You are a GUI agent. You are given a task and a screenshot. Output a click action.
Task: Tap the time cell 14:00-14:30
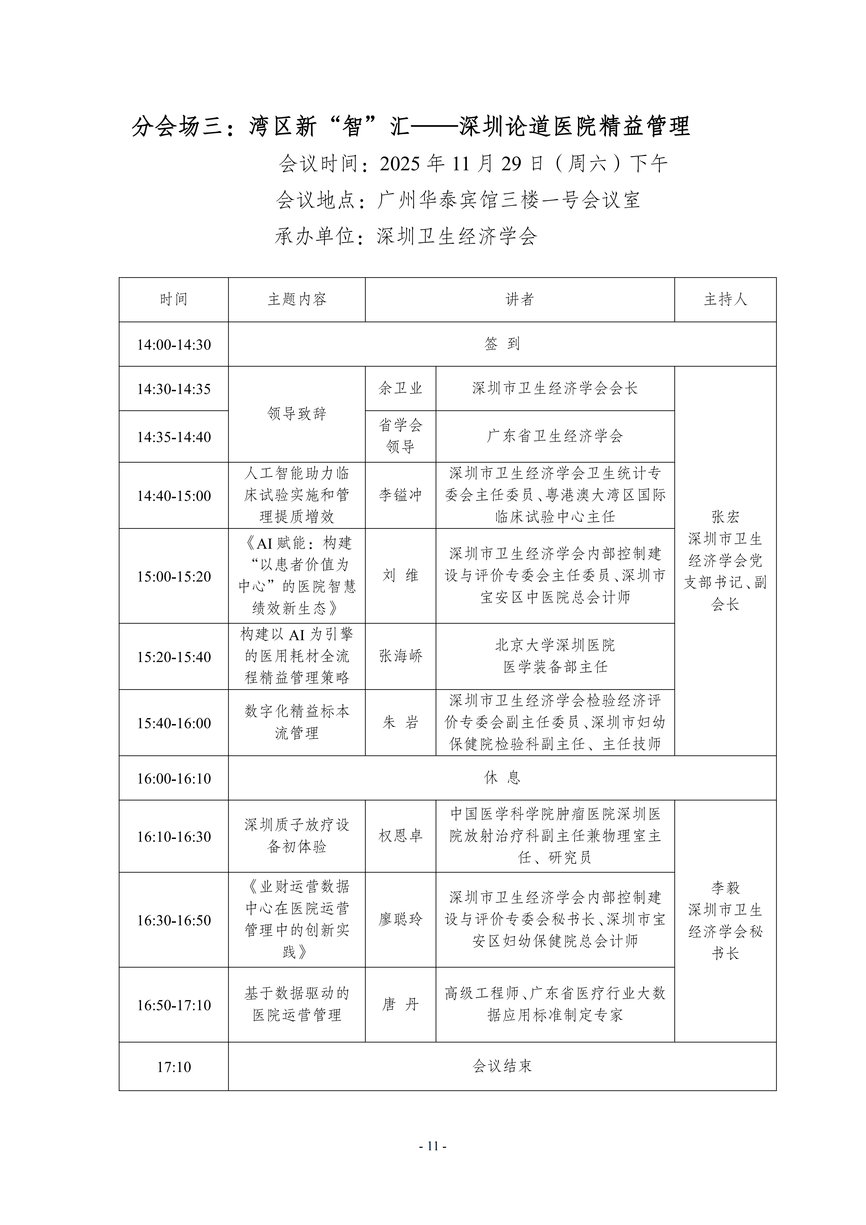tap(174, 345)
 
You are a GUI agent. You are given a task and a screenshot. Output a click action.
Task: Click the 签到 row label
tap(502, 344)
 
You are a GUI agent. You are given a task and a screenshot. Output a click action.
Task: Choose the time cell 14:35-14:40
tap(174, 437)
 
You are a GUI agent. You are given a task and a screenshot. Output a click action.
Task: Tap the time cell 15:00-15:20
tap(174, 576)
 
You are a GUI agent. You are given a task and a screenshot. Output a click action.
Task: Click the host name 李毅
tap(725, 888)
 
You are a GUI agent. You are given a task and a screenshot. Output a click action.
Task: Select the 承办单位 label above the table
tap(314, 236)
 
